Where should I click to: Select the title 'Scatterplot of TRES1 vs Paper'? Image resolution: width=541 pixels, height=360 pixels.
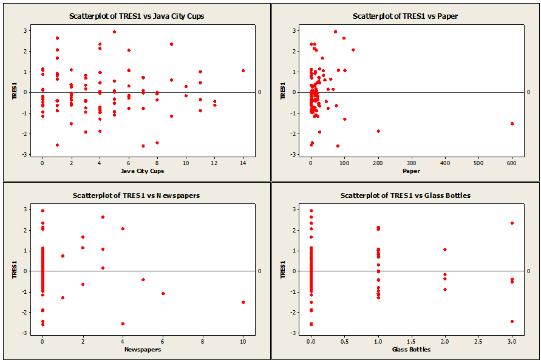(405, 16)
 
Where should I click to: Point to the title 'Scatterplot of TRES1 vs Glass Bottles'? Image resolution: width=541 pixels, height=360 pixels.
(405, 195)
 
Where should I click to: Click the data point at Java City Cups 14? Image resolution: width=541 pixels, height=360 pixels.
(243, 70)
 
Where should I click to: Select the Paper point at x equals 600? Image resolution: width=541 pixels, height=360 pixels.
(512, 123)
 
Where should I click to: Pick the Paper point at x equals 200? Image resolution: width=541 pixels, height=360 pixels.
(378, 131)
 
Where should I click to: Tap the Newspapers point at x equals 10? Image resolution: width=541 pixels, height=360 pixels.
(243, 302)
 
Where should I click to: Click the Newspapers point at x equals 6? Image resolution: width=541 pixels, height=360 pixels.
(163, 293)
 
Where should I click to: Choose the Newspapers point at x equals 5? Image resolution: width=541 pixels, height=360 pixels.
(143, 279)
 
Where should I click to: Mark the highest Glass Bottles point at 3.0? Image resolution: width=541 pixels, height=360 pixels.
(512, 223)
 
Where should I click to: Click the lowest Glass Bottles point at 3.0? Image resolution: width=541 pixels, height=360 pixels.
(512, 321)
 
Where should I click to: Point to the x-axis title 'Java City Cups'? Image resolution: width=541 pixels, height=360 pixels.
(143, 171)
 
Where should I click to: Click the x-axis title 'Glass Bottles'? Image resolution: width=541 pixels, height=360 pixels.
(411, 350)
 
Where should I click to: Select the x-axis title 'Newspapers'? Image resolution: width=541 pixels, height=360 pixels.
(143, 350)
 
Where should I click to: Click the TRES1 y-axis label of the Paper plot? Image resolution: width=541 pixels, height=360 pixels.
(282, 92)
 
